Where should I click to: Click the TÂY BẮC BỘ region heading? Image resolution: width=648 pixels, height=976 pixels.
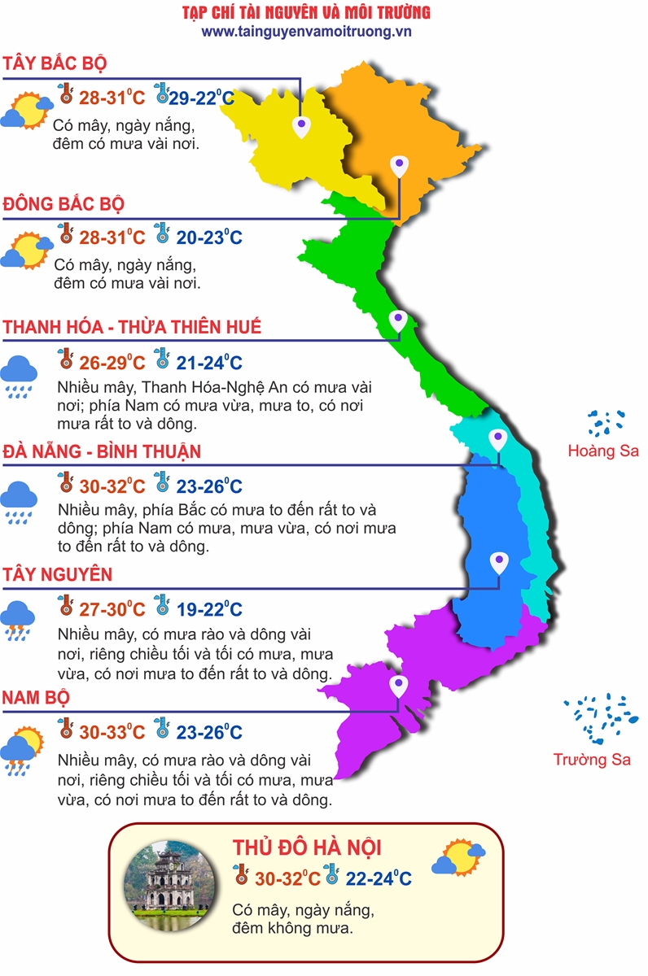tap(55, 64)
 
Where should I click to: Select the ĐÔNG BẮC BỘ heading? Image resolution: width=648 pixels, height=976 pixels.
tap(63, 204)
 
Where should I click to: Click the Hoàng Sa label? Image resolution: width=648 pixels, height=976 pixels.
tap(603, 451)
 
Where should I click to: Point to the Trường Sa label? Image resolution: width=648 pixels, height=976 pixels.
tap(592, 760)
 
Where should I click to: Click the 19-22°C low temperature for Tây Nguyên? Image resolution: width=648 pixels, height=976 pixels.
tap(209, 609)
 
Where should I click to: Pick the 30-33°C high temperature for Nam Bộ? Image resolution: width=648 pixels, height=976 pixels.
tap(112, 732)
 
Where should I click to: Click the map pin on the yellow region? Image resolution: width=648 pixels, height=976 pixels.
tap(302, 126)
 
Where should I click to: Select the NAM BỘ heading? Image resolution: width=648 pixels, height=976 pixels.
tap(36, 698)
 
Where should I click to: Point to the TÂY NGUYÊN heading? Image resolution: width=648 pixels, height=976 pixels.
tap(57, 575)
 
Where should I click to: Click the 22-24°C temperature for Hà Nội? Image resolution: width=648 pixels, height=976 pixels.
tap(378, 878)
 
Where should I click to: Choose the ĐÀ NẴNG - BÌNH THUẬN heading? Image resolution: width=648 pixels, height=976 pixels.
tap(102, 451)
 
